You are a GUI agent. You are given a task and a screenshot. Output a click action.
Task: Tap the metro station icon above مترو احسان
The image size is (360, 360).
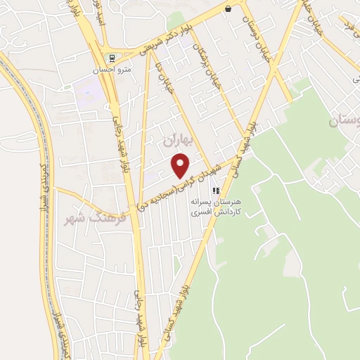tap(110, 58)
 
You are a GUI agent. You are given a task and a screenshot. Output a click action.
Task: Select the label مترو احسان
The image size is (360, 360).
tap(111, 70)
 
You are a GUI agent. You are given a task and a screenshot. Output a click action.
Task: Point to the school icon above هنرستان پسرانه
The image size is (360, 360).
tap(217, 190)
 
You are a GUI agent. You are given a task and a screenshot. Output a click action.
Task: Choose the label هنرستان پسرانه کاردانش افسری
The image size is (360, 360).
tap(217, 206)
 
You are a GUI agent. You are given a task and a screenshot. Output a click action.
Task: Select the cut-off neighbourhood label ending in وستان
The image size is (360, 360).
tap(345, 121)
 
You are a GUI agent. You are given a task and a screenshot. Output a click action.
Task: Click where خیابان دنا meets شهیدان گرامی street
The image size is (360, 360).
tap(206, 166)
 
